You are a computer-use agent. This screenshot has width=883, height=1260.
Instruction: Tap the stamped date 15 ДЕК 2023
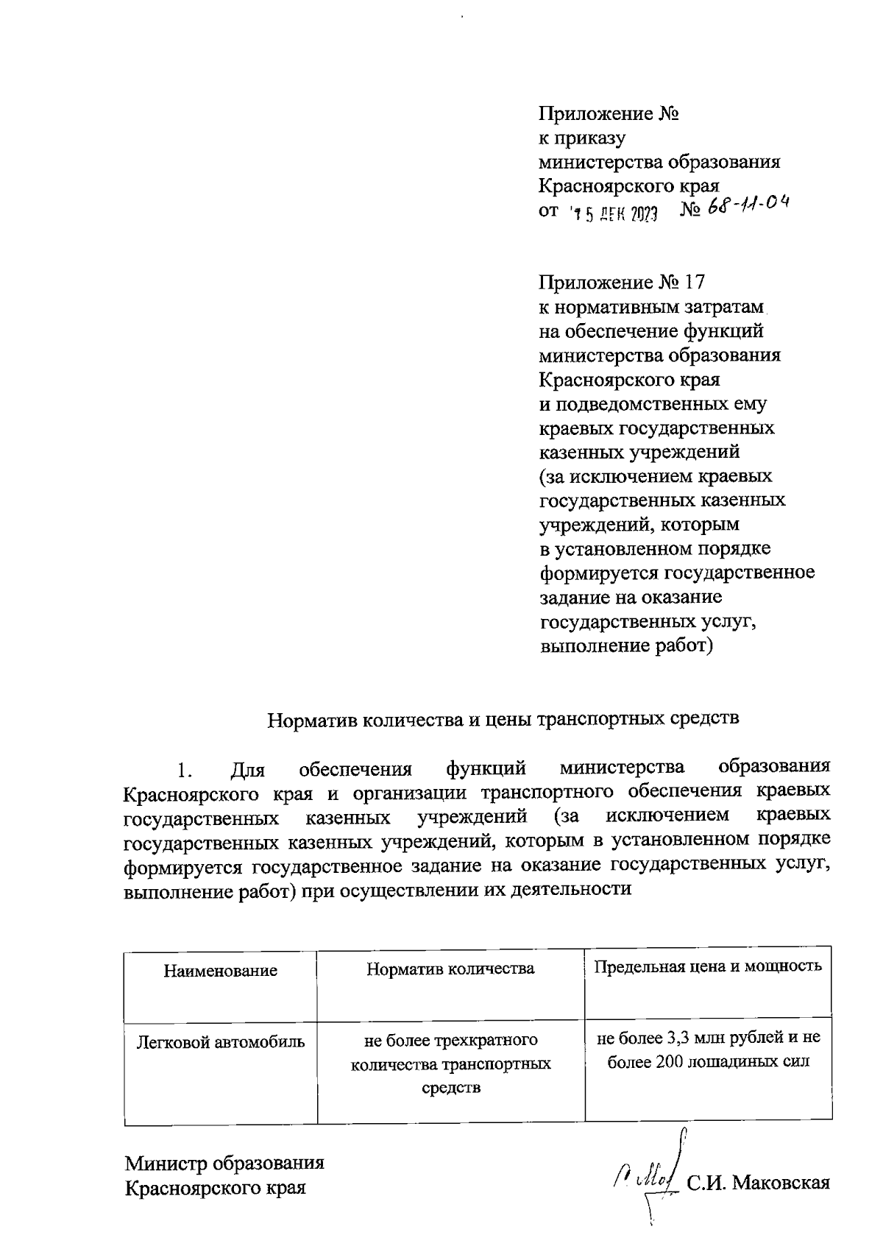(x=614, y=213)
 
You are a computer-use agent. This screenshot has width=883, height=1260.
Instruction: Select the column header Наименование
(x=221, y=970)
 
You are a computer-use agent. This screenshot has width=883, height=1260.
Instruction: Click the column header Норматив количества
(x=450, y=968)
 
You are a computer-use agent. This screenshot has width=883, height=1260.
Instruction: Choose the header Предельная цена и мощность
(x=708, y=966)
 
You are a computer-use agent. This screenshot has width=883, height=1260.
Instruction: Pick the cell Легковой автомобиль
(x=221, y=1042)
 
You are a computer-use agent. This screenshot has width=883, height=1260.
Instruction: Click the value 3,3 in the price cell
(x=678, y=1038)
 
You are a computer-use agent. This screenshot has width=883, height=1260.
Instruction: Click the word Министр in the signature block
(x=166, y=1163)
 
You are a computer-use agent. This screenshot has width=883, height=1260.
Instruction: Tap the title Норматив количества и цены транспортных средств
(x=503, y=718)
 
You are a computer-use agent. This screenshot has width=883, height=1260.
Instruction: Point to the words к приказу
(x=582, y=138)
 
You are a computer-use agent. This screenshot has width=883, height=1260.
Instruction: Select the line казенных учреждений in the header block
(x=639, y=452)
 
